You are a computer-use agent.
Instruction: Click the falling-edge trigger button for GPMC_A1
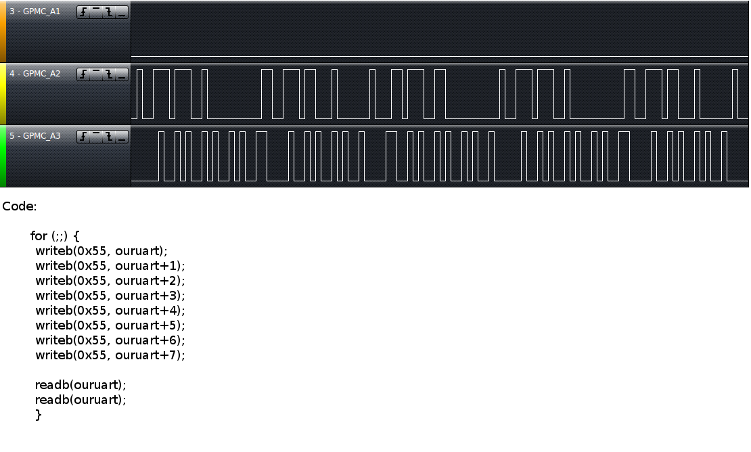(x=109, y=13)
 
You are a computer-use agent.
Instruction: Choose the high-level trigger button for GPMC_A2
(x=96, y=74)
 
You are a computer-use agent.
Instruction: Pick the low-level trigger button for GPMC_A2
(x=122, y=74)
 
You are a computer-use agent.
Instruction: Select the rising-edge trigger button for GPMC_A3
(x=83, y=137)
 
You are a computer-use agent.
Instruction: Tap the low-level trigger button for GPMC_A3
(x=122, y=137)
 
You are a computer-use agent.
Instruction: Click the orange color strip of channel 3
(x=3, y=32)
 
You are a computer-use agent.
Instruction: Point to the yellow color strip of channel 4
(x=3, y=94)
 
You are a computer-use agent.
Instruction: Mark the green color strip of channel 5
(x=3, y=156)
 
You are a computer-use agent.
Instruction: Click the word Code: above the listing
(x=19, y=206)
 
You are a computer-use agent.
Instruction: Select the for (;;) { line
(x=55, y=236)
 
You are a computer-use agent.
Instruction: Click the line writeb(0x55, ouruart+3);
(x=110, y=296)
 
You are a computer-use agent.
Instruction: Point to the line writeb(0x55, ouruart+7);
(x=110, y=355)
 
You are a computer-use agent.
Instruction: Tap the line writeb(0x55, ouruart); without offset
(x=101, y=251)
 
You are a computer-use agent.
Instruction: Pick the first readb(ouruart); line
(x=81, y=385)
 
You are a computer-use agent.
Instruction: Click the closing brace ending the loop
(x=39, y=415)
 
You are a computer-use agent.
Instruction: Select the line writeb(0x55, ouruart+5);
(x=110, y=325)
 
